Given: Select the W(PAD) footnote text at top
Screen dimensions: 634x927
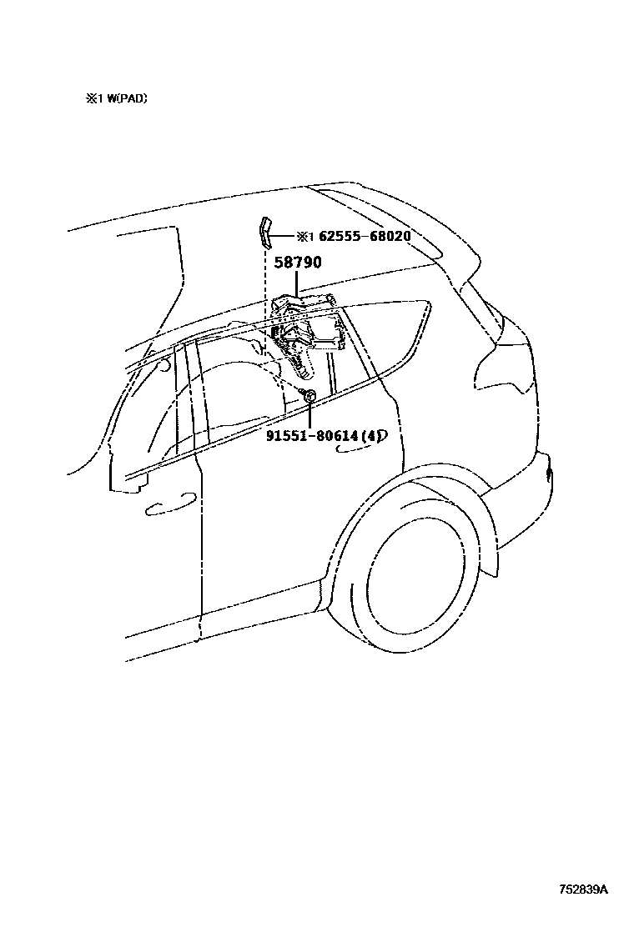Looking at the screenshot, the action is pyautogui.click(x=123, y=98).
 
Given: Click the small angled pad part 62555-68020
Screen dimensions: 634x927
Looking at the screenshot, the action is pyautogui.click(x=264, y=233).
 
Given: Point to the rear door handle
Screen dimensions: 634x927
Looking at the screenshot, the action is pyautogui.click(x=358, y=448).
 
